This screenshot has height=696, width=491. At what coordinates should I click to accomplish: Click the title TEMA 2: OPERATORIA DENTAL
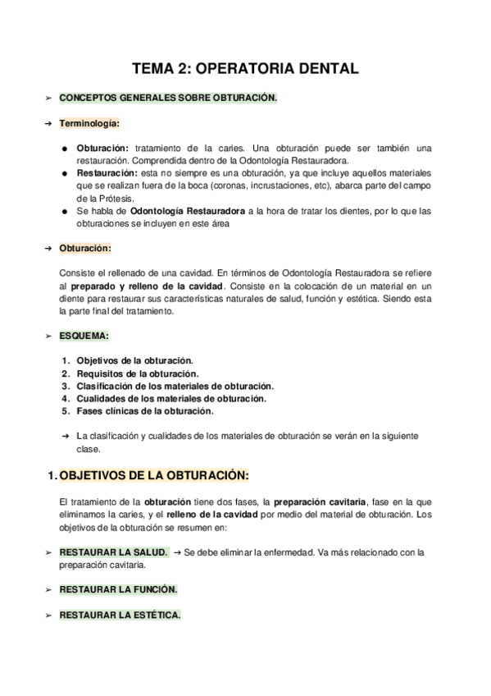click(246, 70)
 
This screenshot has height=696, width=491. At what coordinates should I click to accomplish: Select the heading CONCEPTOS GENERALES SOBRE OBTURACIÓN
click(168, 98)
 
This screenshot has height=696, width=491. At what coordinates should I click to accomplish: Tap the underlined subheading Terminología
click(89, 124)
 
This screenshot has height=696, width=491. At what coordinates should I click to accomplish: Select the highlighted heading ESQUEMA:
click(84, 336)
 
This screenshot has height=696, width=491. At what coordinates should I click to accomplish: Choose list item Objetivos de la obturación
click(134, 360)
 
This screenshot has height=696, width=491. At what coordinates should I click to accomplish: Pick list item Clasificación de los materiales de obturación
click(175, 386)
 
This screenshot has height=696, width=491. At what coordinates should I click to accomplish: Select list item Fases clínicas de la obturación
click(145, 410)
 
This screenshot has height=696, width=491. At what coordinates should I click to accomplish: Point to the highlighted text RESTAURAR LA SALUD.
click(114, 552)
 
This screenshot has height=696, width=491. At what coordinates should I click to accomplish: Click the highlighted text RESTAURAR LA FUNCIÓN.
click(118, 589)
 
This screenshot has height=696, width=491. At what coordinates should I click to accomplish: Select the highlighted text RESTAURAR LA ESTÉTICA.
click(120, 615)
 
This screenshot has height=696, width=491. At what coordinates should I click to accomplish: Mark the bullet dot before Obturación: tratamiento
click(65, 149)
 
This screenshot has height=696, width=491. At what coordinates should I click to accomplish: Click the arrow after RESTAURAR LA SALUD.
click(177, 552)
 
